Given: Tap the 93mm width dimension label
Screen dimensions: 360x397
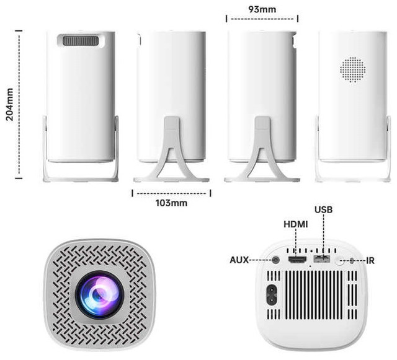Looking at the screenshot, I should point(261,9).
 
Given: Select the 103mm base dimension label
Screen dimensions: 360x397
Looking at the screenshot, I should point(172,203).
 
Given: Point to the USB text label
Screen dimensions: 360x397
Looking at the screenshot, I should point(323,209).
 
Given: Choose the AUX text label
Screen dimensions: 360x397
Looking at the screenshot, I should point(239,260).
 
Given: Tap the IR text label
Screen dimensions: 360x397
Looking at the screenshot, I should point(370,261).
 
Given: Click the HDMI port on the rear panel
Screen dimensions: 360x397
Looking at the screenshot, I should point(298,260).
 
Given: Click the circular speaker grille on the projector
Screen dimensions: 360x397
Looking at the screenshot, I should point(353,70).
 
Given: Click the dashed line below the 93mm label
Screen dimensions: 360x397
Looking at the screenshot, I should point(261,19).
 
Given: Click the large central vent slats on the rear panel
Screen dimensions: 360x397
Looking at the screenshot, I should point(314,294).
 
